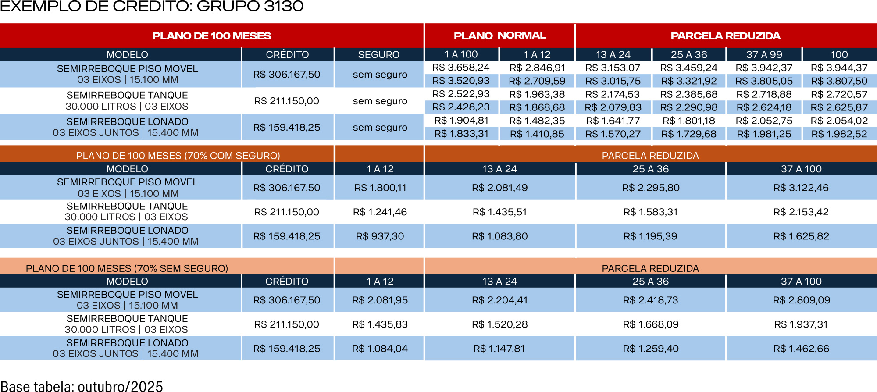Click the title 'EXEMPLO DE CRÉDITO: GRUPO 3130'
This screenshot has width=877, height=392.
click(152, 7)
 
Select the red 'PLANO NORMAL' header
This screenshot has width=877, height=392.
click(499, 36)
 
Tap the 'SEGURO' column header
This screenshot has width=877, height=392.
click(378, 55)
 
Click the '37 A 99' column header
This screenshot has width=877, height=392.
click(764, 55)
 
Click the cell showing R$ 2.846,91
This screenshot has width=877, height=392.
click(537, 68)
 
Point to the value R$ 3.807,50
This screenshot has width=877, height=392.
click(839, 81)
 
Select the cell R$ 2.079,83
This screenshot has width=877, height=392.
click(613, 107)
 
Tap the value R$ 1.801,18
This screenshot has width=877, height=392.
click(688, 121)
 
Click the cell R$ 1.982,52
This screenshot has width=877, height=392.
click(839, 134)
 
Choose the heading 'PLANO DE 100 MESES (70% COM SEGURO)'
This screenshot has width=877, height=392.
click(178, 156)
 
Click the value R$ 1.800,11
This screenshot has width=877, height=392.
click(380, 188)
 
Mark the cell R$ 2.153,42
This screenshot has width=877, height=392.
click(801, 212)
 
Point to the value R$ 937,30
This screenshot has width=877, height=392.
click(380, 236)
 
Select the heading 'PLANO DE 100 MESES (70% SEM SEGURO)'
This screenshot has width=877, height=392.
click(127, 268)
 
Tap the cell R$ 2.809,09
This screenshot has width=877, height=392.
click(801, 300)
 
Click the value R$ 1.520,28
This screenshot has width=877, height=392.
click(499, 324)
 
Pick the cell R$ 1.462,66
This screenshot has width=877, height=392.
click(801, 349)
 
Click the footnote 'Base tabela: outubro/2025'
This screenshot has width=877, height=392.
click(82, 386)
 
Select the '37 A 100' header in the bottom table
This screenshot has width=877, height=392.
click(801, 282)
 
